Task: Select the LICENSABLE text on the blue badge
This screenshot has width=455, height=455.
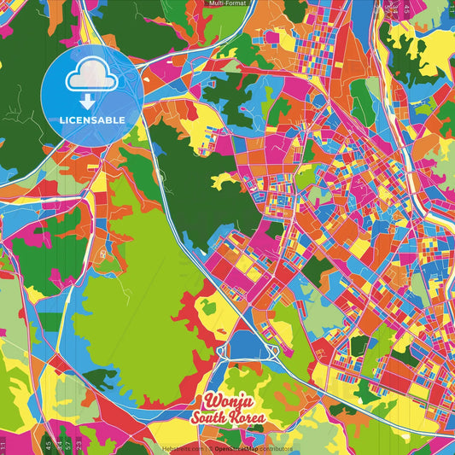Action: click(91, 120)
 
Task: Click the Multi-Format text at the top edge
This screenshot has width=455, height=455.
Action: click(226, 3)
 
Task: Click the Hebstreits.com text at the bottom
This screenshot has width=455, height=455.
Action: click(182, 448)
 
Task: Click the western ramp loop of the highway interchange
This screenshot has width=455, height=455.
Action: click(223, 351)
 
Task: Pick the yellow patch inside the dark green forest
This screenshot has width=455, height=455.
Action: click(226, 180)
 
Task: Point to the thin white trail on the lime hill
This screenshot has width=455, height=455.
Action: click(128, 295)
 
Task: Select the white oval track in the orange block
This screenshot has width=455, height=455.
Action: click(102, 254)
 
